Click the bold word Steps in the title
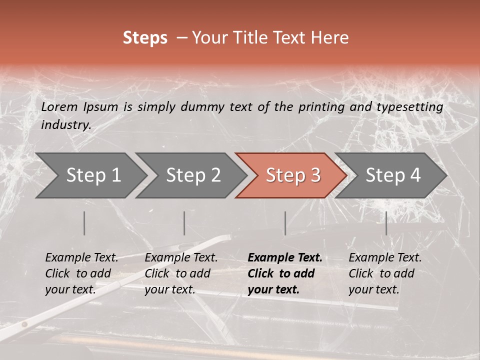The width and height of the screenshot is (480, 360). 145,38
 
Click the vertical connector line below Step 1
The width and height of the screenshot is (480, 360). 84,223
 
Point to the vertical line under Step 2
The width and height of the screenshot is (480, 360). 184,223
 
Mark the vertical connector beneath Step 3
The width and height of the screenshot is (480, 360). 285,223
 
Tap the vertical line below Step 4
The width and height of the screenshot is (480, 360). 386,223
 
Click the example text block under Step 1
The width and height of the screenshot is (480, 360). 81,273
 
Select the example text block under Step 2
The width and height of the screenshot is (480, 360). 181,273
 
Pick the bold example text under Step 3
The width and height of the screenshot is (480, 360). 285,273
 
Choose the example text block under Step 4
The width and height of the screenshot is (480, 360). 385,273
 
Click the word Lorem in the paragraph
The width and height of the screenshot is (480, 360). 59,107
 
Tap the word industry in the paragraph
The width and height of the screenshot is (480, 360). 66,125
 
